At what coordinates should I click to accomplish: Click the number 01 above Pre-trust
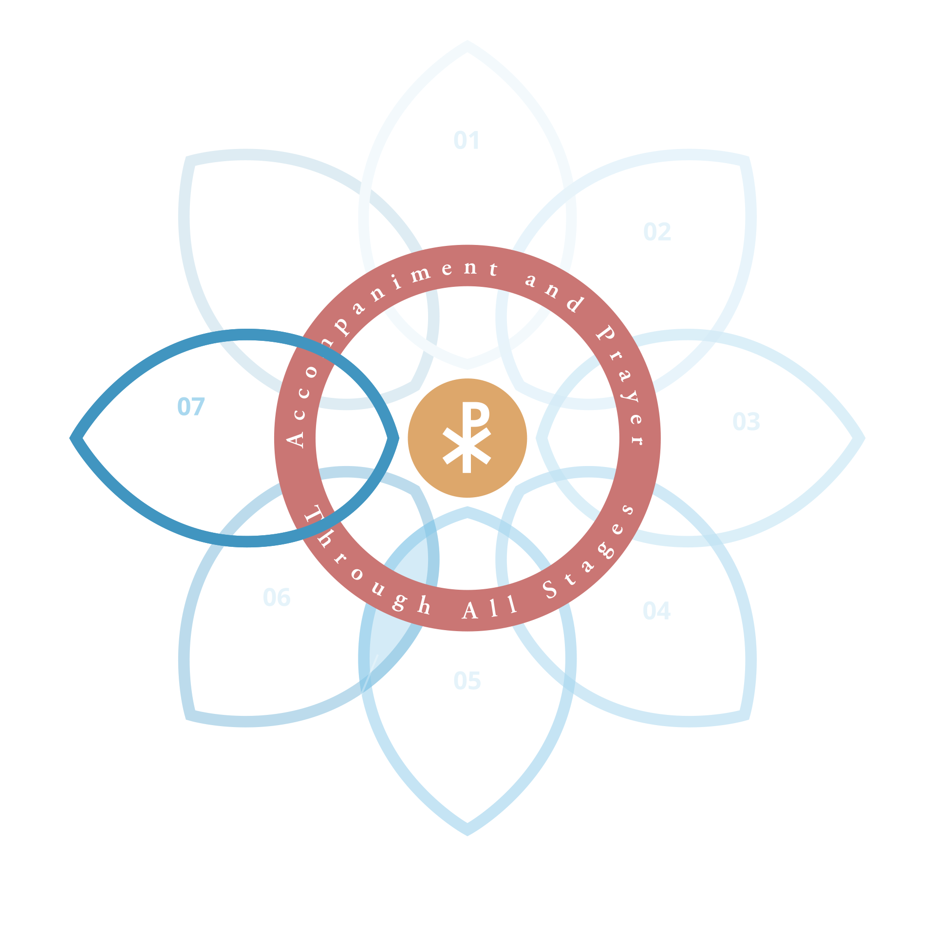pyautogui.click(x=467, y=141)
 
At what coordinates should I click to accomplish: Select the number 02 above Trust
pyautogui.click(x=657, y=232)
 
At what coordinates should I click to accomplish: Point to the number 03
pyautogui.click(x=746, y=422)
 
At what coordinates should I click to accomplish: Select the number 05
pyautogui.click(x=467, y=681)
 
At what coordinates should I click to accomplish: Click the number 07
pyautogui.click(x=191, y=407)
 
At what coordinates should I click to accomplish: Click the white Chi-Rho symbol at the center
pyautogui.click(x=467, y=438)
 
